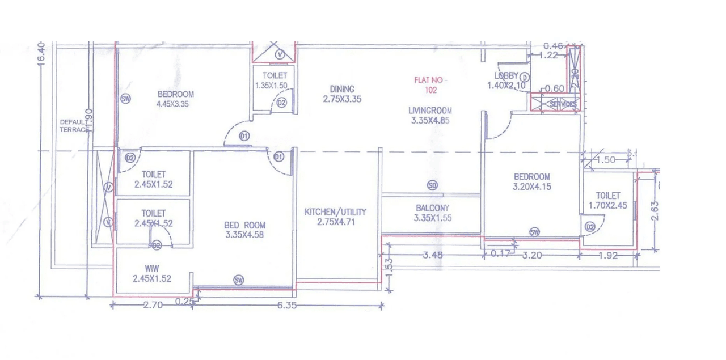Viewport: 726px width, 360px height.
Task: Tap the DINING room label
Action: (x=342, y=89)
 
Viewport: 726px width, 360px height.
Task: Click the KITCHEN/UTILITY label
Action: (x=335, y=212)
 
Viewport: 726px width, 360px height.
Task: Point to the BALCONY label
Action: (x=432, y=208)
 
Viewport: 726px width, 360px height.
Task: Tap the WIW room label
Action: (x=152, y=269)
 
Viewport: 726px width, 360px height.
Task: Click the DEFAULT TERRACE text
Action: (x=74, y=125)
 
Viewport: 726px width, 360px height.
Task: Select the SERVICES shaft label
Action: (x=563, y=104)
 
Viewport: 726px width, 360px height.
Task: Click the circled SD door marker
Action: (x=433, y=185)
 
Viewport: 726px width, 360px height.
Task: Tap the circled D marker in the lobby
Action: (x=525, y=77)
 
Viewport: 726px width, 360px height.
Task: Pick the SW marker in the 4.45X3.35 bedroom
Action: (x=126, y=99)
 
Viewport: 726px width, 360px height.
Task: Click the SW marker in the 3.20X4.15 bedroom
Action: (x=534, y=232)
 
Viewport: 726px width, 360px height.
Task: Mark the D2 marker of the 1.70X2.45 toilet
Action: (x=590, y=227)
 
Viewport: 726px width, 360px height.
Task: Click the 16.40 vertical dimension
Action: (x=40, y=54)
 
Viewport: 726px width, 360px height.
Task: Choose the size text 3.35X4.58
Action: (x=244, y=235)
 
